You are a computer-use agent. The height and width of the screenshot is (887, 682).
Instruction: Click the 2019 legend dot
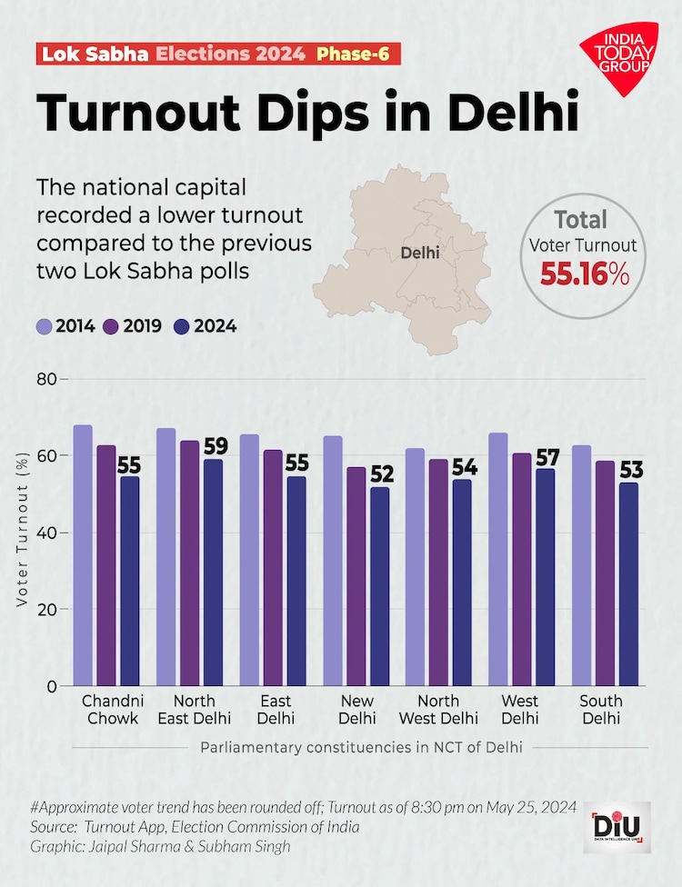click(x=113, y=326)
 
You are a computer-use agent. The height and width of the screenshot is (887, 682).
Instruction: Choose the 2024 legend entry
click(x=204, y=326)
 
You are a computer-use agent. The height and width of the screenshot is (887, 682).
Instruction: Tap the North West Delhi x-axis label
click(x=438, y=709)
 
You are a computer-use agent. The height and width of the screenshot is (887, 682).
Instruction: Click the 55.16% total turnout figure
click(x=585, y=272)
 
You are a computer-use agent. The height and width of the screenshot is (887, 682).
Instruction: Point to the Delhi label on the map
click(x=420, y=253)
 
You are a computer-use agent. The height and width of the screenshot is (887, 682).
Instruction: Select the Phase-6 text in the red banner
click(x=353, y=54)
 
